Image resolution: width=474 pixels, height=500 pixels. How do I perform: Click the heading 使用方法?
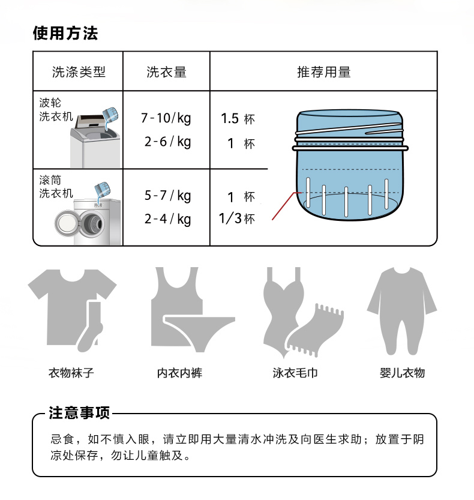coord(65,33)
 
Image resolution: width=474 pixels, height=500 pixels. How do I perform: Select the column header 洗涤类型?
coord(79,72)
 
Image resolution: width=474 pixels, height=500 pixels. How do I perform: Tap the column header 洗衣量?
coord(166,72)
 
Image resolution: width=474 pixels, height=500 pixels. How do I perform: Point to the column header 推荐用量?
coord(324,72)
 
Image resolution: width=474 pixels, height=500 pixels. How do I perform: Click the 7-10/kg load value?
coord(166,118)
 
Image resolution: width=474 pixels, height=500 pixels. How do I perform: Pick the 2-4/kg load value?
coord(167,220)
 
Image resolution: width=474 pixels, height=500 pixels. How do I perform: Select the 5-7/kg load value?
coord(167,196)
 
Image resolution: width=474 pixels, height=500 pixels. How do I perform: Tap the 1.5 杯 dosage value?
coord(238,119)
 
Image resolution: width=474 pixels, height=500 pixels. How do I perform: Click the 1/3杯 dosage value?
coord(237,218)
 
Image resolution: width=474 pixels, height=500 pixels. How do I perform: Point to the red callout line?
coord(286,205)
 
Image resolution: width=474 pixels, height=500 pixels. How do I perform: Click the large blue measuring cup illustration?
coord(350,165)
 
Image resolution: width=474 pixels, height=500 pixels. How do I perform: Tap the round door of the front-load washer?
coord(67,223)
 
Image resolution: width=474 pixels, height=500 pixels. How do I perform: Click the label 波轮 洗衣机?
coord(56,109)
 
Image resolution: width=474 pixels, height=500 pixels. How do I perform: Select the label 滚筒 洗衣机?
coord(56,187)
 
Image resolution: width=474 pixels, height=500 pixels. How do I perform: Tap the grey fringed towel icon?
coord(315,330)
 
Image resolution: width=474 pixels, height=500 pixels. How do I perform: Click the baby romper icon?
coord(402,311)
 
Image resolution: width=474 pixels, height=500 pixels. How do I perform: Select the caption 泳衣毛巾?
coord(295,373)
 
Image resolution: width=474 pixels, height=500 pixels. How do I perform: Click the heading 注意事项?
coord(79,412)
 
